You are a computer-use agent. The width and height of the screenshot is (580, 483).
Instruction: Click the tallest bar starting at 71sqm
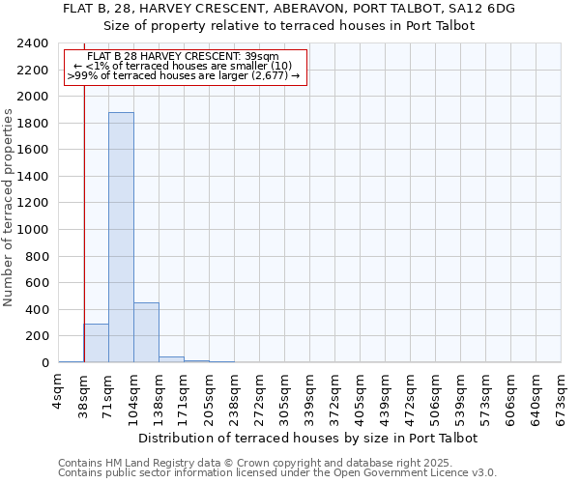[x=121, y=237]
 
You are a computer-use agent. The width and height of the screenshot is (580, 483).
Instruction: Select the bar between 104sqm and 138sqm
[x=146, y=332]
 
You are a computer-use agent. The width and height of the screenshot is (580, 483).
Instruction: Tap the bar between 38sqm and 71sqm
[x=96, y=343]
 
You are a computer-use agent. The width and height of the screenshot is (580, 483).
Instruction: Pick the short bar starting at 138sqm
[x=171, y=359]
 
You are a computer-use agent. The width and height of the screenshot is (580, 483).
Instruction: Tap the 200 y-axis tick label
[x=37, y=336]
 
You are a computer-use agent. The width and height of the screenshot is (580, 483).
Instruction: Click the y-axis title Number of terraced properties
[x=9, y=208]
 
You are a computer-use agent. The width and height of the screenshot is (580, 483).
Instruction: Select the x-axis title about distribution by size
[x=309, y=438]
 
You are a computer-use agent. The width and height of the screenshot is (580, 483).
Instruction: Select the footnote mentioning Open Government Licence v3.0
[x=277, y=472]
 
